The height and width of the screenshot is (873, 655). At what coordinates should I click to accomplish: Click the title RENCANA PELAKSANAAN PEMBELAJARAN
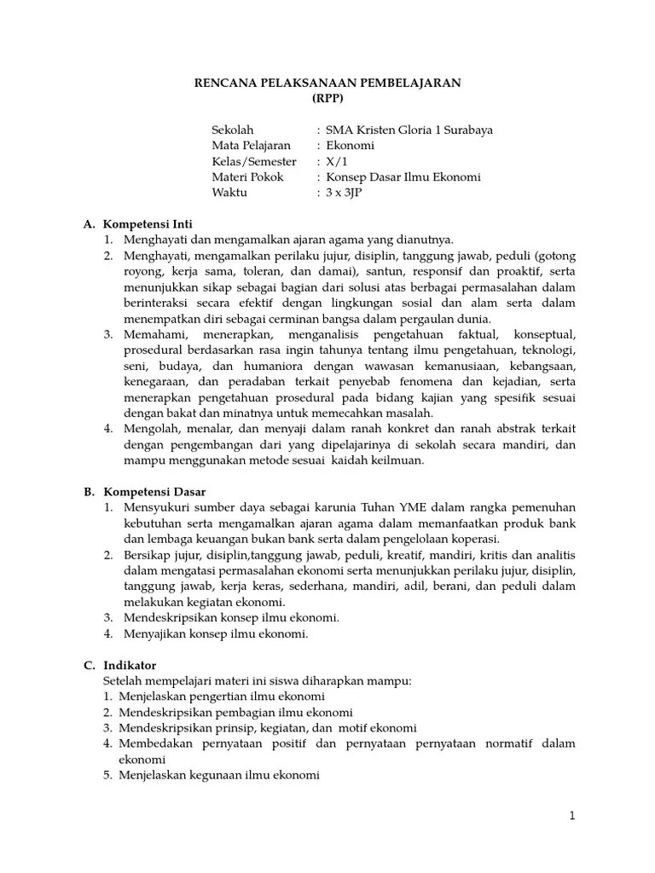(327, 83)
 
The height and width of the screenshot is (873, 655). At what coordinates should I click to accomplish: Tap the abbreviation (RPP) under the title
(327, 98)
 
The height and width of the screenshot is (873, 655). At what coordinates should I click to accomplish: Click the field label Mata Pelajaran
(251, 146)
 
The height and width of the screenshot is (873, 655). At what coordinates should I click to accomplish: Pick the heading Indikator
(130, 665)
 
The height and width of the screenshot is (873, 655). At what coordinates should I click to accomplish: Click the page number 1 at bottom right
(573, 816)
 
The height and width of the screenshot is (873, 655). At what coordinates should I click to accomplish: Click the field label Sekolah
(233, 130)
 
